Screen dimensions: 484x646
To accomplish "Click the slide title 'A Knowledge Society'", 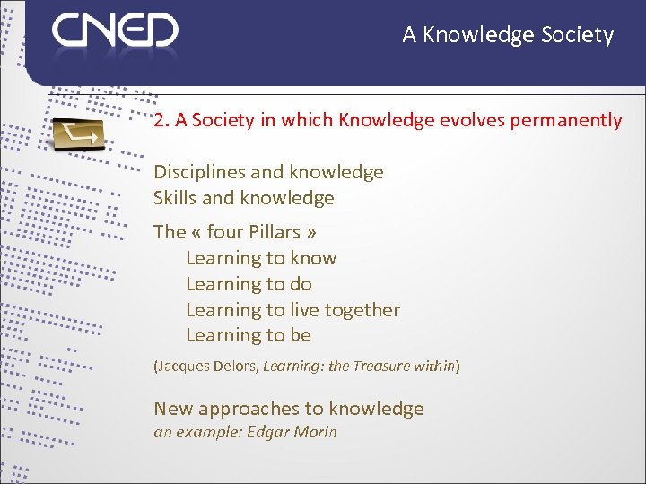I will tap(508, 35).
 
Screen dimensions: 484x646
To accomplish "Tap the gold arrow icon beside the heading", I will tap(78, 134).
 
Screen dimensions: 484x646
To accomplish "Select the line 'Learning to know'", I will tap(261, 258).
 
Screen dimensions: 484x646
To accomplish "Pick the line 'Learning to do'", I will tap(249, 284).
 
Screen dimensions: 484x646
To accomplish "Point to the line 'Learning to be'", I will tap(249, 336).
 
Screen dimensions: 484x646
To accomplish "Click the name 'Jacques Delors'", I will tap(205, 367).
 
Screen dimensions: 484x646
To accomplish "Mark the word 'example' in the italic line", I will tap(202, 432).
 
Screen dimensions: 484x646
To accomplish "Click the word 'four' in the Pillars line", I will tap(225, 232).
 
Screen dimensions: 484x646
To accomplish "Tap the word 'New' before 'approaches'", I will tap(173, 410).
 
